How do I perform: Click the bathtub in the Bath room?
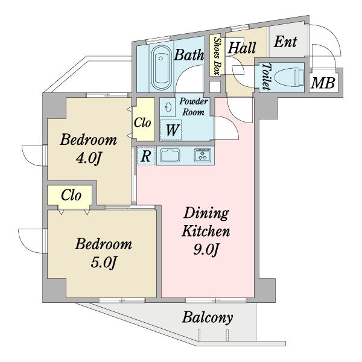[x=161, y=67]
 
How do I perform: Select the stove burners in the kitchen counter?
[x=203, y=154]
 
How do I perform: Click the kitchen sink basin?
[x=170, y=155]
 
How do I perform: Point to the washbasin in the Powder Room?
[x=168, y=107]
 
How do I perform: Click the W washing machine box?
[x=171, y=130]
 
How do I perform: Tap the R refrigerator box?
[x=146, y=156]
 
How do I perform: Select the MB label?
[x=323, y=83]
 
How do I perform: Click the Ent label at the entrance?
[x=285, y=42]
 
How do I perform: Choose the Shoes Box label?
[x=217, y=56]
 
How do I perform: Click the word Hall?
[x=242, y=48]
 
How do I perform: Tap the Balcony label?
[x=207, y=318]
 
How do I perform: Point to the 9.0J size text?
[x=206, y=250]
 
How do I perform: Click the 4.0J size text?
[x=89, y=158]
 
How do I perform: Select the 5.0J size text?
[x=103, y=262]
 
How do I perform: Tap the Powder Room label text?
[x=194, y=107]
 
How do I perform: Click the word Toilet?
[x=267, y=77]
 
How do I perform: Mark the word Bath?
[x=189, y=55]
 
